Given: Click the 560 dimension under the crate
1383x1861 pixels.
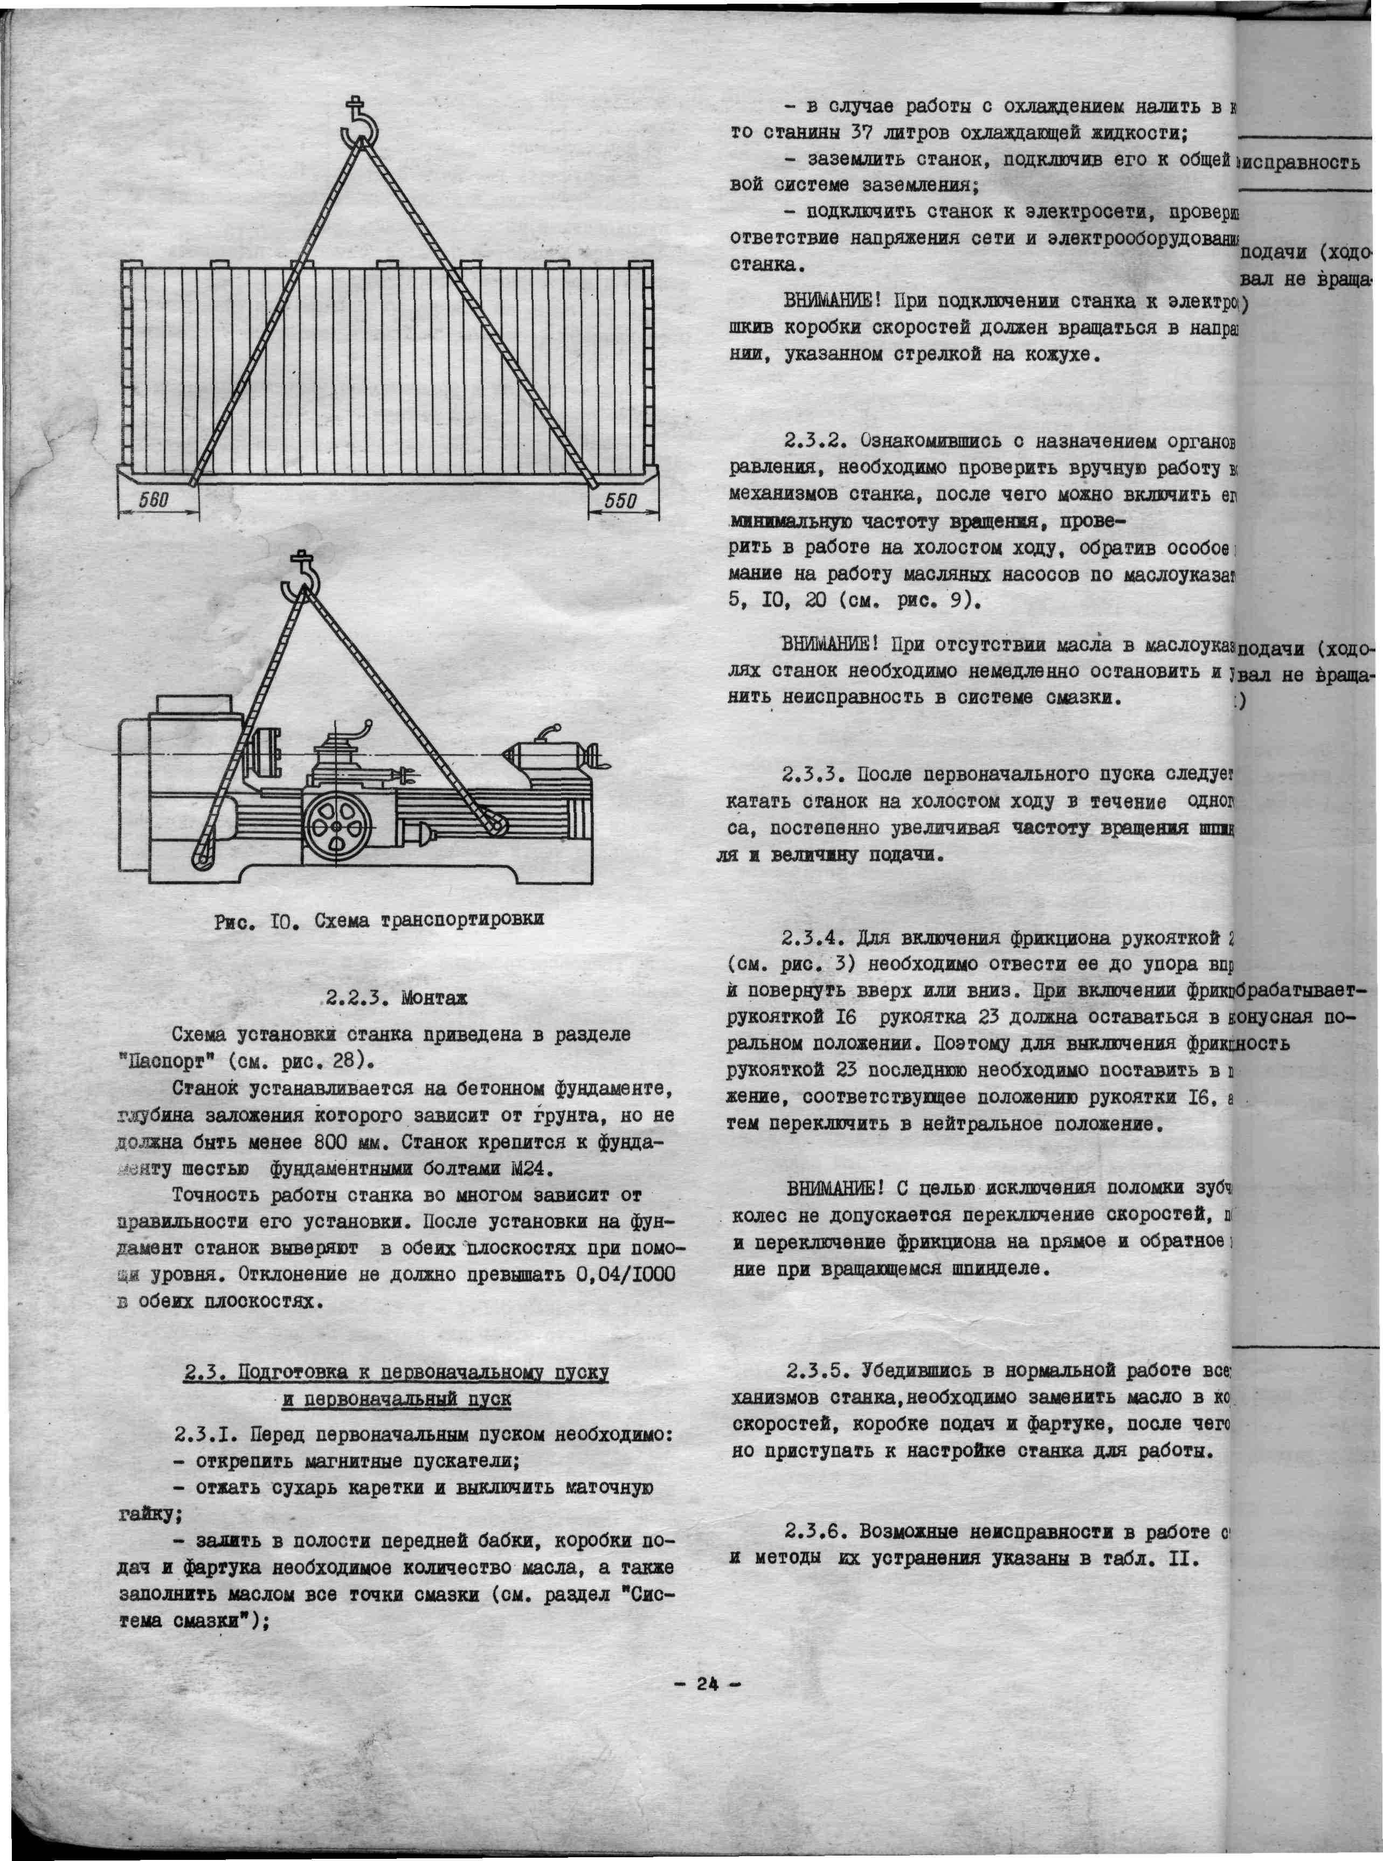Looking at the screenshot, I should point(154,501).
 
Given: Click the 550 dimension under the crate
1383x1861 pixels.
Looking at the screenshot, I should point(620,501).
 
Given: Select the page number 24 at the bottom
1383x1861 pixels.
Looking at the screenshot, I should point(708,1684).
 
